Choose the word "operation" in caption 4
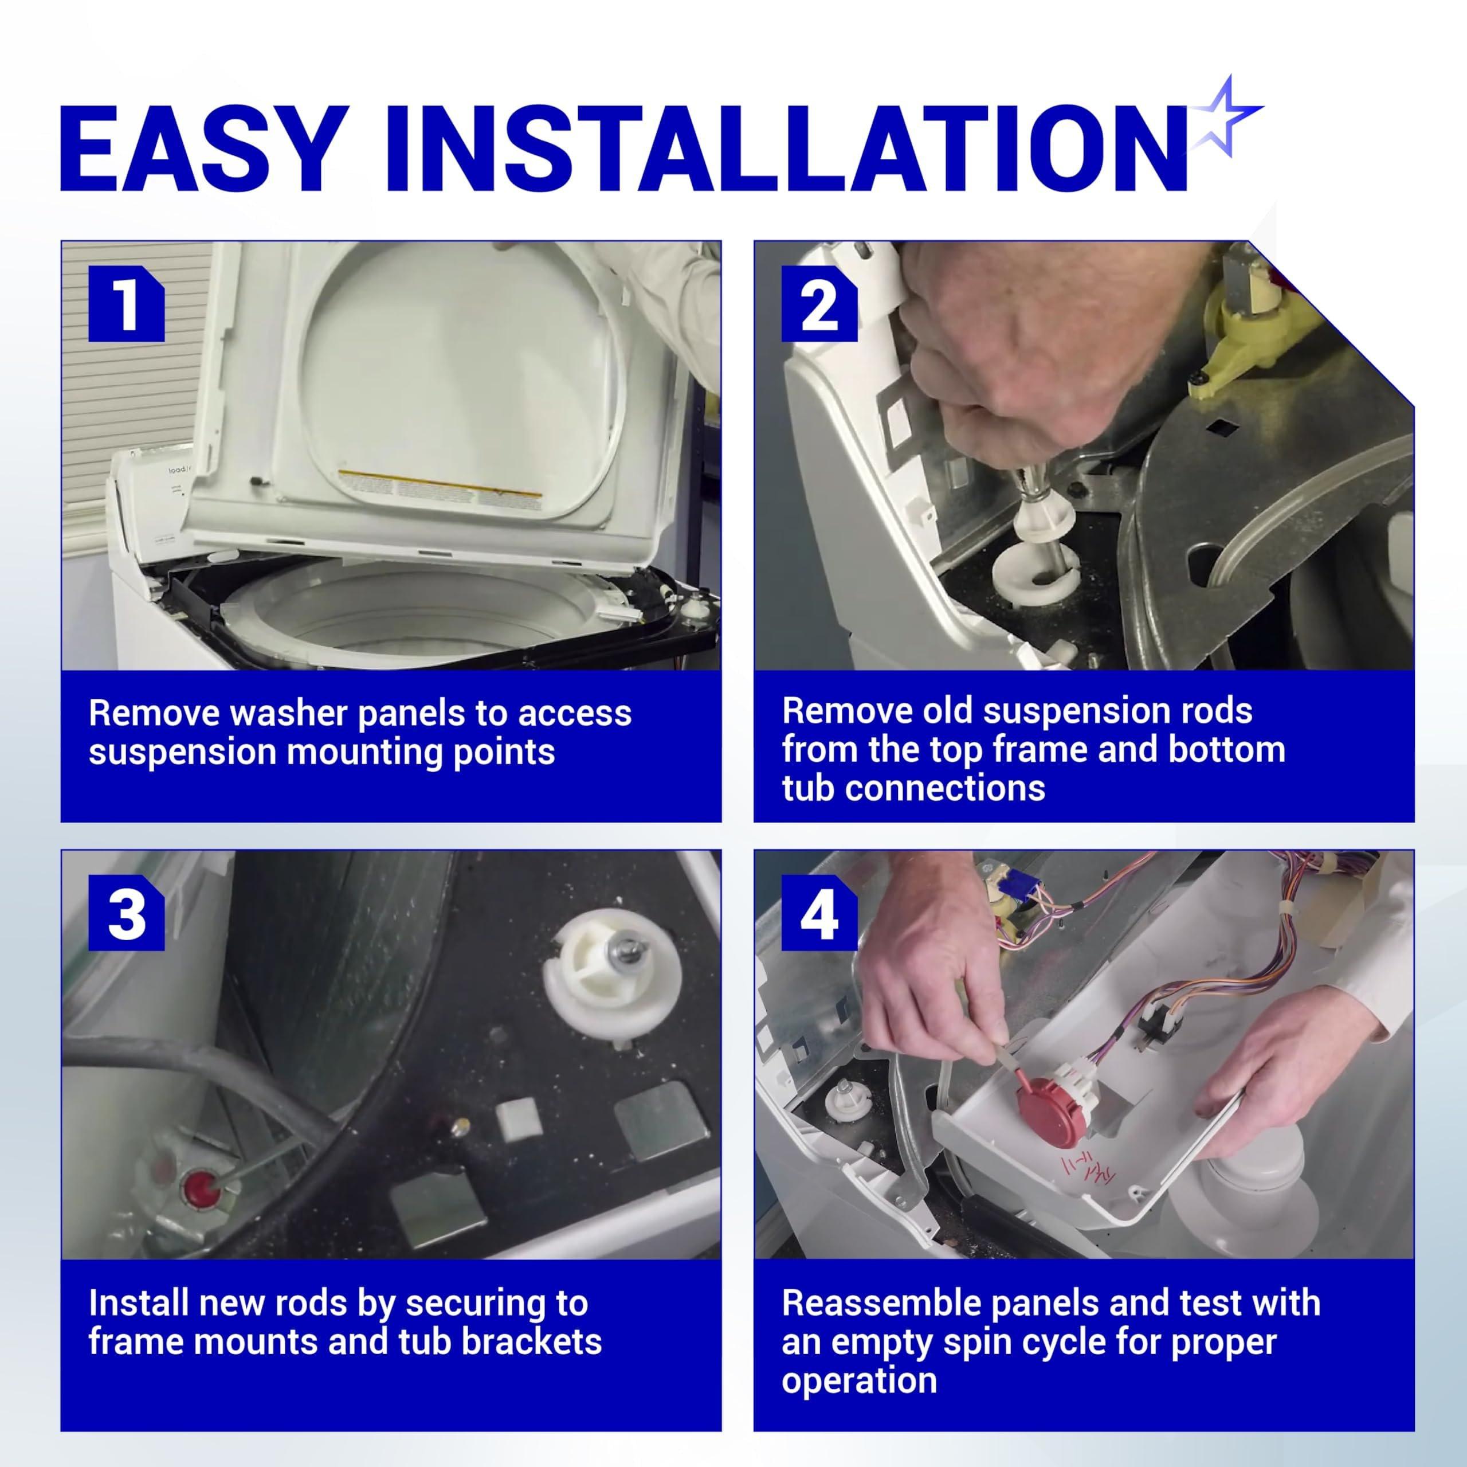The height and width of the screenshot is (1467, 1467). point(860,1380)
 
